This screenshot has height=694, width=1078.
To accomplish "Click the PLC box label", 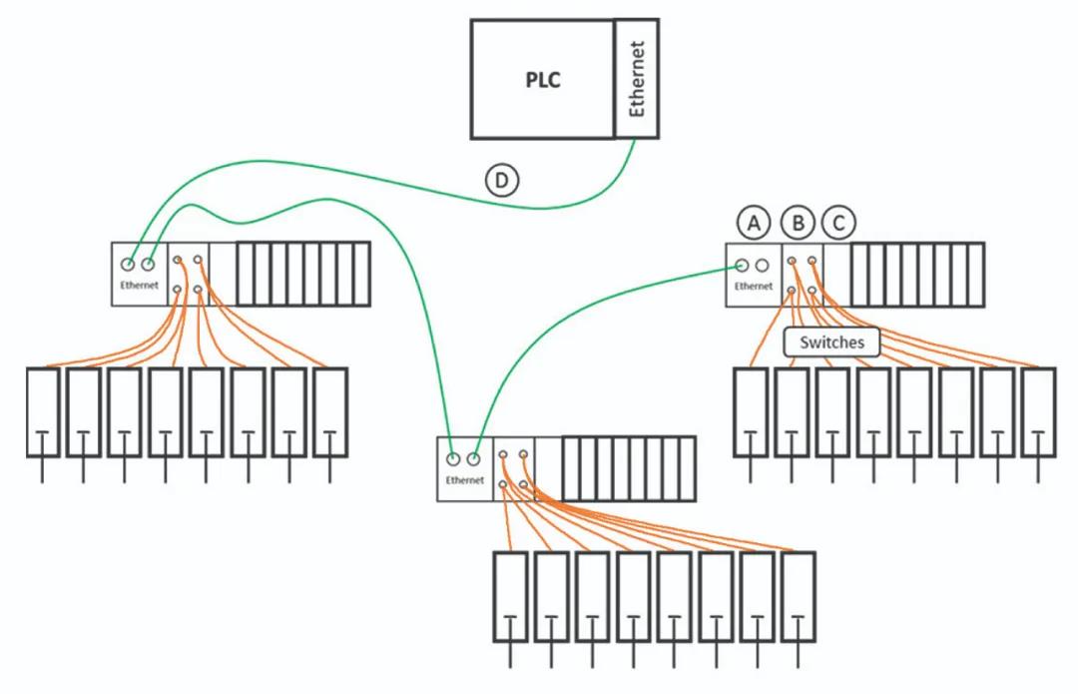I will point(543,80).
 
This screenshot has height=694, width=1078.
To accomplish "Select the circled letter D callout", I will point(502,180).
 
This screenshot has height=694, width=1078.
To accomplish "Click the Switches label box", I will point(832,343).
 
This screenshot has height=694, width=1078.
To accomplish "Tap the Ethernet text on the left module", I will point(139,286).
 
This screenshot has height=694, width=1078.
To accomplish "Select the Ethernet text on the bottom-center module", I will point(465,480).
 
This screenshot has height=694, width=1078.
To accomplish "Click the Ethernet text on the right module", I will point(753,287).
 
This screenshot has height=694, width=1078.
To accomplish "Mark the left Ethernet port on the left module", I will point(128,265).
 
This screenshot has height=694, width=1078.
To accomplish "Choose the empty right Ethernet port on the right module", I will point(763,266).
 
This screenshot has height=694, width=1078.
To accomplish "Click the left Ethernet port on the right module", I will point(742,266).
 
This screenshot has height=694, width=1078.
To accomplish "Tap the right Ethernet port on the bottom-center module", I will point(474,459).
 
